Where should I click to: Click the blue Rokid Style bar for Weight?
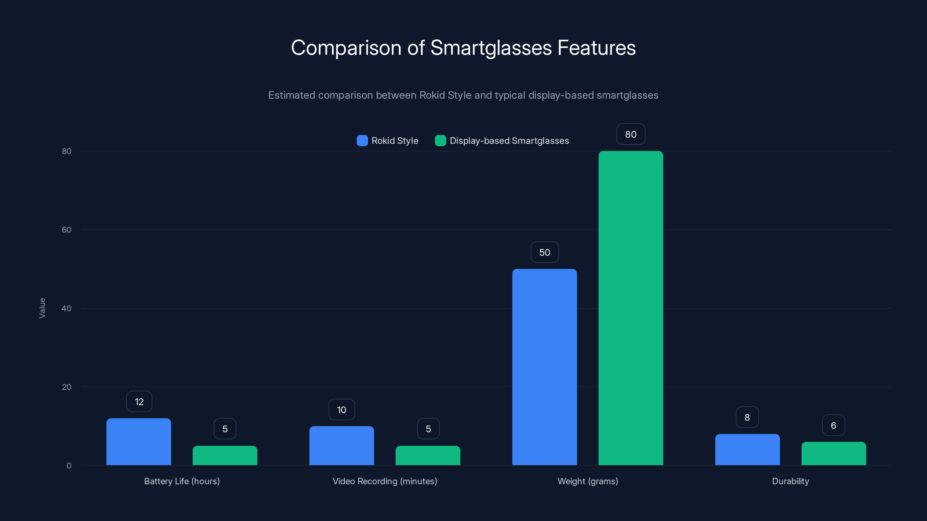pos(545,367)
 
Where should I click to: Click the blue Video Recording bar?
pos(342,445)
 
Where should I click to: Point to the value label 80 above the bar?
pos(630,134)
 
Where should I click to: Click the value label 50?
pos(545,252)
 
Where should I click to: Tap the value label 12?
pos(139,402)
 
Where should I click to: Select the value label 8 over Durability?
pos(747,417)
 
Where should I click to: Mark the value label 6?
pos(833,425)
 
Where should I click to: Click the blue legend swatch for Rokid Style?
pos(362,141)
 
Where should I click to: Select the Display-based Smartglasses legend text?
pos(509,141)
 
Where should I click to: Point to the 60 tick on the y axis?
pos(67,230)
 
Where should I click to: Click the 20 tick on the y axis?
pos(67,387)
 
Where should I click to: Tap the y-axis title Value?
pos(42,308)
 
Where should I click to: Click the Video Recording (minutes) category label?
pos(385,481)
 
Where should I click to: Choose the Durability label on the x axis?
pos(790,481)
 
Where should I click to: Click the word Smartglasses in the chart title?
pos(491,48)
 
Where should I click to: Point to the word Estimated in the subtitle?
pos(291,95)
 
